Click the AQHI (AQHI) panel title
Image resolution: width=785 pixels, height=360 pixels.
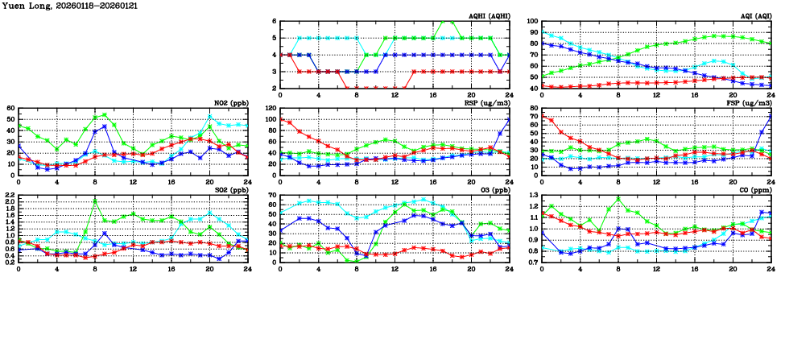click(x=489, y=16)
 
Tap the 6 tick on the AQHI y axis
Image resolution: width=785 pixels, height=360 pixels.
click(x=275, y=22)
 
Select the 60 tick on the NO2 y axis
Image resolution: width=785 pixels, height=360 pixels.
click(x=10, y=108)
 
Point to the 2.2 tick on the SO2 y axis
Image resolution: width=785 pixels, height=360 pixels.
click(x=9, y=195)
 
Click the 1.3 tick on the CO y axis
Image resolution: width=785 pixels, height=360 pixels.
click(x=532, y=195)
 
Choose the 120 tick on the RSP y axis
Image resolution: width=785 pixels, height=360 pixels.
click(x=271, y=108)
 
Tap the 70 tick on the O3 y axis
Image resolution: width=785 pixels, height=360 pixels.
click(x=272, y=195)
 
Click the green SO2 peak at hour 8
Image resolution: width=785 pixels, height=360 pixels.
click(x=95, y=201)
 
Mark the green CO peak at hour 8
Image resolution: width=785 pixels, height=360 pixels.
click(x=618, y=198)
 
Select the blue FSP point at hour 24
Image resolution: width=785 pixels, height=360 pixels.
click(x=771, y=115)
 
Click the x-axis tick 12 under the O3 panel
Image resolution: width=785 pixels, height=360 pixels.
click(x=395, y=267)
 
